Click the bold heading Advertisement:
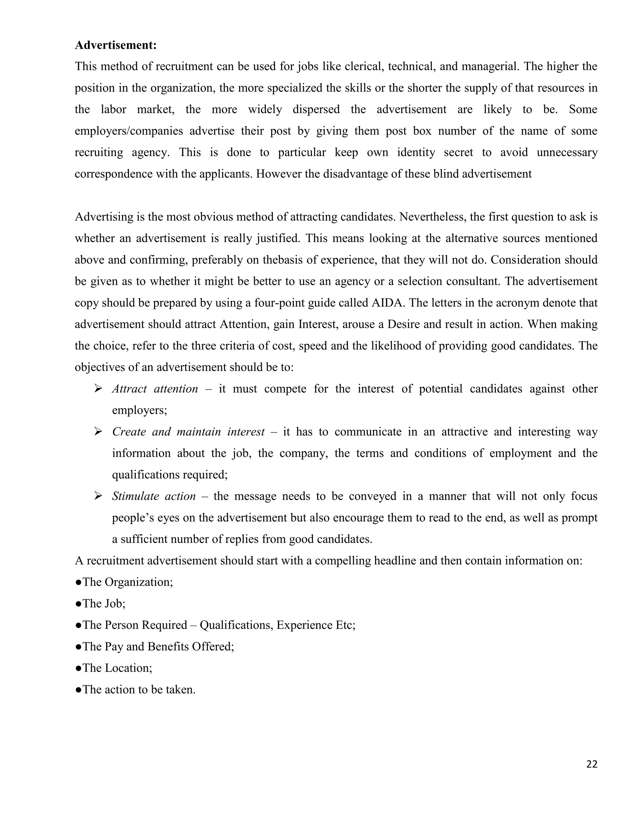[x=115, y=45]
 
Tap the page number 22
[x=591, y=764]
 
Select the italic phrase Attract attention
[x=155, y=389]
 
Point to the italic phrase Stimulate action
[x=153, y=496]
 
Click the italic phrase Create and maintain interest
[x=188, y=432]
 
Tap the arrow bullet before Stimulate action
[x=99, y=496]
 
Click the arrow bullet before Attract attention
[x=99, y=389]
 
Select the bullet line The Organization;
[x=124, y=582]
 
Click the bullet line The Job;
[x=100, y=604]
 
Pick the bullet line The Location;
[x=113, y=668]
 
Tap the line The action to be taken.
[x=135, y=690]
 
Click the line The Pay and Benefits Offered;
[x=155, y=647]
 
